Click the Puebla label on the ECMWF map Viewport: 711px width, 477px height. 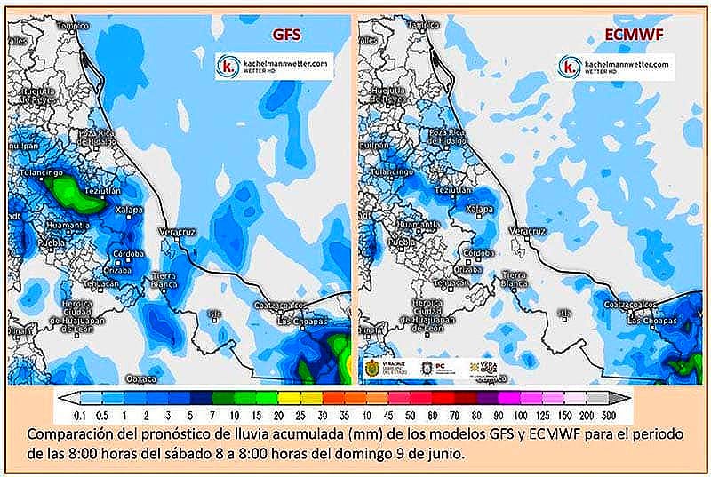pos(403,242)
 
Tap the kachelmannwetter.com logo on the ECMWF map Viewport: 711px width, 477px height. pos(616,67)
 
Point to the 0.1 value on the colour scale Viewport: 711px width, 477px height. pos(80,415)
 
